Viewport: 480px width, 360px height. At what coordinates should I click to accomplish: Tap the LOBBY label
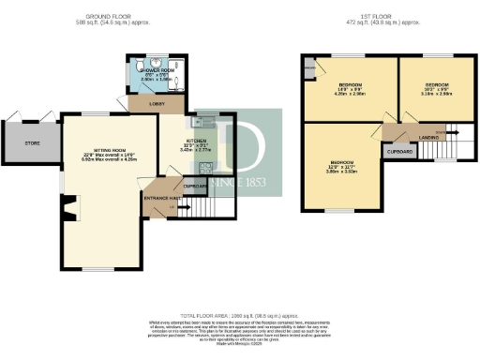pos(172,104)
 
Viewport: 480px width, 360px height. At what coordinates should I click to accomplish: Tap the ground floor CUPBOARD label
pos(194,187)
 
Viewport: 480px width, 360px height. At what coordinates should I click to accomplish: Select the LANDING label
pos(430,138)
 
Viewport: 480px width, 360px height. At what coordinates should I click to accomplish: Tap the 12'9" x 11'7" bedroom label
pos(343,166)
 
